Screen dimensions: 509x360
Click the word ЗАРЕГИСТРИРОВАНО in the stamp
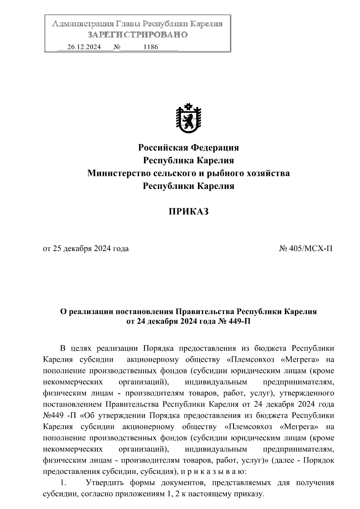[137, 35]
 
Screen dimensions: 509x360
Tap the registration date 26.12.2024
[84, 47]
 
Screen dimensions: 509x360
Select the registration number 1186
[151, 47]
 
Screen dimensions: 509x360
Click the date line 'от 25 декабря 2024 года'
[86, 249]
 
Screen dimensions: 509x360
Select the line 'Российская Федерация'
[188, 148]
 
